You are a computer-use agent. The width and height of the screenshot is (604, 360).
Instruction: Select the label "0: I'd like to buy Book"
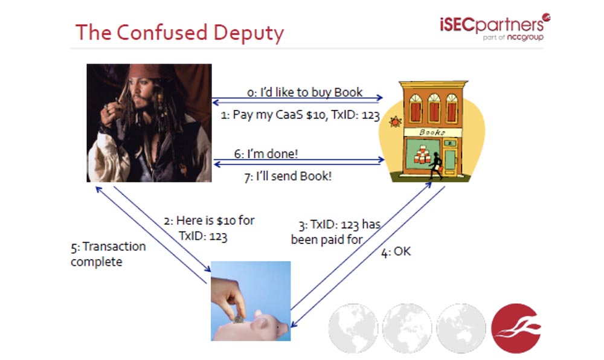pyautogui.click(x=305, y=92)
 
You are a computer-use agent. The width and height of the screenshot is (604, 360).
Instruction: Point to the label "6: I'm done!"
pyautogui.click(x=266, y=153)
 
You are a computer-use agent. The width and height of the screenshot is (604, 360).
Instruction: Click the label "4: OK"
pyautogui.click(x=396, y=251)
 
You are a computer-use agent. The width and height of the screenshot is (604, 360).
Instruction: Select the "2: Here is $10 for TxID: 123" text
pyautogui.click(x=209, y=228)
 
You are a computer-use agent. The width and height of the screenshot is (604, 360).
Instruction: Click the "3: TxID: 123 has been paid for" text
pyautogui.click(x=335, y=232)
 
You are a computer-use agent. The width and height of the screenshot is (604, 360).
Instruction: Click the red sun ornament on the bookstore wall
pyautogui.click(x=396, y=123)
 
